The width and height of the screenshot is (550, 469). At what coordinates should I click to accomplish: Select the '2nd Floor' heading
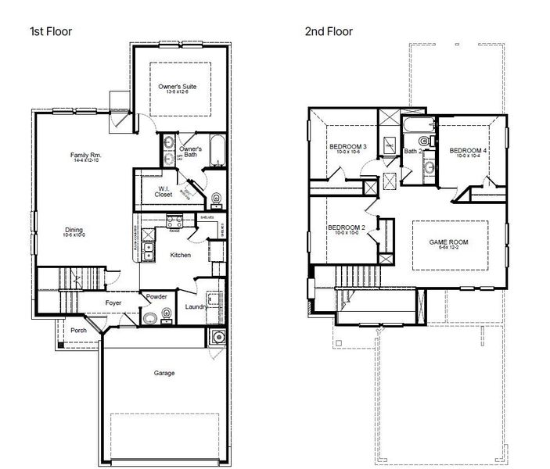click(329, 32)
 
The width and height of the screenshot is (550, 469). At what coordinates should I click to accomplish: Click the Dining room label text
click(74, 231)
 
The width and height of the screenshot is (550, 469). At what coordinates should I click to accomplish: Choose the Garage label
click(164, 373)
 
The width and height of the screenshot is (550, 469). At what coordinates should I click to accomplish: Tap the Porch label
click(78, 330)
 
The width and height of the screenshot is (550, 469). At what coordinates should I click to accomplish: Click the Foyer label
click(113, 302)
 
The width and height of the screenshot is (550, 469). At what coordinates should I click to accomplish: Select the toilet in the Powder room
click(149, 317)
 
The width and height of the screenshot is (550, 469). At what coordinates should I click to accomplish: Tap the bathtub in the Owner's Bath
click(217, 152)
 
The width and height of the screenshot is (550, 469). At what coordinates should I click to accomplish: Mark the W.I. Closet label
click(163, 191)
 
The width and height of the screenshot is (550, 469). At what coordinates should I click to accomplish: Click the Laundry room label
click(196, 307)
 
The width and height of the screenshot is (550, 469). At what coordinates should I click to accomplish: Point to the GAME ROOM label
click(449, 242)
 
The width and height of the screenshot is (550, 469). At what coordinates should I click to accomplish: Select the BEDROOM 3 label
click(347, 147)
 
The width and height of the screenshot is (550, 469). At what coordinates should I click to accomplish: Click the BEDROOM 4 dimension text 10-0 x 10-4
click(468, 156)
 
